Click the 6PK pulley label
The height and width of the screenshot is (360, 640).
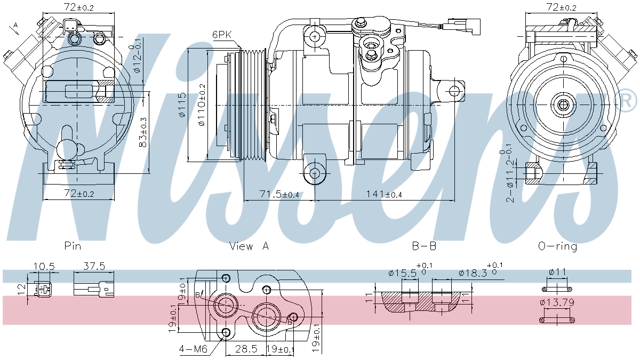(x=222, y=35)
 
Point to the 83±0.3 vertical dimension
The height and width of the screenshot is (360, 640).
(x=143, y=132)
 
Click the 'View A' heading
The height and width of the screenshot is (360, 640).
(x=249, y=246)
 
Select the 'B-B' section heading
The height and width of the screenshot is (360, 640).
(x=425, y=246)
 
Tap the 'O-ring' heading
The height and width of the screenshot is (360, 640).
(x=557, y=246)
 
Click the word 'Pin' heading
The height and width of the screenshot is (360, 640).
(x=73, y=246)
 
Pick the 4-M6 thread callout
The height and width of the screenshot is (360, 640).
(x=193, y=349)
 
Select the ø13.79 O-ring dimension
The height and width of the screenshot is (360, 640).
(x=557, y=303)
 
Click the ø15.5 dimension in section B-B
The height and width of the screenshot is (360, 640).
(x=403, y=273)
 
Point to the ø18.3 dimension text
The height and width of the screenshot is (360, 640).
(x=473, y=273)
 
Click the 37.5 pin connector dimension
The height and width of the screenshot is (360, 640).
(x=93, y=266)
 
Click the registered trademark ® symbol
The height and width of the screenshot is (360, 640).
(x=627, y=100)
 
